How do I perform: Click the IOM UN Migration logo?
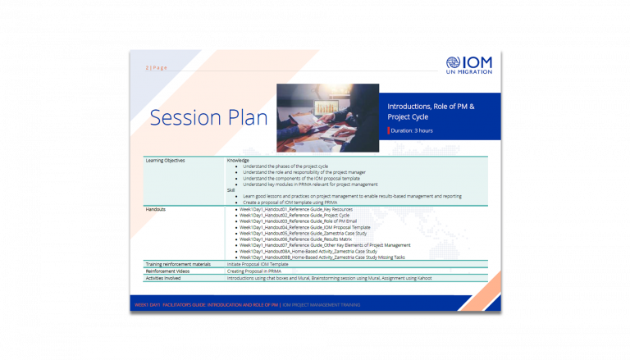(469, 66)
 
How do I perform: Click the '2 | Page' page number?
(156, 67)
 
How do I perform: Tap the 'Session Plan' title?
(208, 118)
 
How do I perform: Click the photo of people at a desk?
(327, 116)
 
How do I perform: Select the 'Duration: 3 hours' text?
(413, 130)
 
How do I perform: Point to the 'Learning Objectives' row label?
(165, 160)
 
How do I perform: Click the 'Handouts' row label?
(156, 208)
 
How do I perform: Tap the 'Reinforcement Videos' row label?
(167, 271)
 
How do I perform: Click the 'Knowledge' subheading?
(238, 160)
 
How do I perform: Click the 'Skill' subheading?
(231, 190)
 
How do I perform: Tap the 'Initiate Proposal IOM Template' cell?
(258, 264)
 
